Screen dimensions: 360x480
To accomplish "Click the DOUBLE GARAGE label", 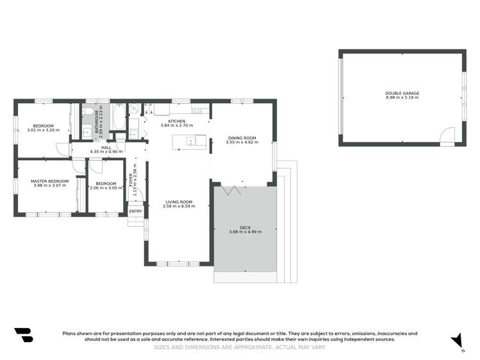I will tap(402, 94).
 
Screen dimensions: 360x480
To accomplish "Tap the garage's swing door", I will tap(447, 136).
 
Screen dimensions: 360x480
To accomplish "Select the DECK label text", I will tap(245, 227).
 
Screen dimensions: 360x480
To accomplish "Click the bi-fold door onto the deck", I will tap(231, 190).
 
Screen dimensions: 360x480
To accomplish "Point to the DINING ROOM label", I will tap(242, 138).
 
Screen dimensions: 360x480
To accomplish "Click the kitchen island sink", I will tap(190, 141).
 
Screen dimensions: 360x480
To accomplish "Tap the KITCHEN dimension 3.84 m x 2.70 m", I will tap(177, 126).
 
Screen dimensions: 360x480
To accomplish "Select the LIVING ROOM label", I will tap(179, 202).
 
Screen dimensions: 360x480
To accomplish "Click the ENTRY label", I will tap(136, 211).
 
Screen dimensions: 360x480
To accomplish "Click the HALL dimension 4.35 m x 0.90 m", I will tap(106, 151).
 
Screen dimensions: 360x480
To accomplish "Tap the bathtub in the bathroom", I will tap(119, 117).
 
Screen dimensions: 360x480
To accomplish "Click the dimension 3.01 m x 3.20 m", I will tap(43, 130).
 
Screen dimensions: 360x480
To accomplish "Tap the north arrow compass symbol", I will tap(457, 340).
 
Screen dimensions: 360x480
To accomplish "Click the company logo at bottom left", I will tap(23, 335).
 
